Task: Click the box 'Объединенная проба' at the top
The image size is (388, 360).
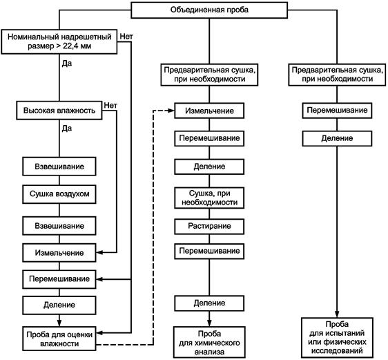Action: [x=209, y=10]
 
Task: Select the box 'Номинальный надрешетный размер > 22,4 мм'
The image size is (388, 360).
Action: [x=59, y=41]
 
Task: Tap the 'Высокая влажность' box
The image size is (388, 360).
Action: [x=59, y=111]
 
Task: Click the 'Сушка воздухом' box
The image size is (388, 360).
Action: [x=59, y=194]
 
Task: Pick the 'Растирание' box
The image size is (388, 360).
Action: [x=209, y=227]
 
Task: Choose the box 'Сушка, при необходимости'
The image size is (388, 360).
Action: [x=209, y=198]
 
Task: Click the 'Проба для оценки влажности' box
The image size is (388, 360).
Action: [x=59, y=339]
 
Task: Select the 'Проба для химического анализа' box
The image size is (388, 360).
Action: [x=209, y=343]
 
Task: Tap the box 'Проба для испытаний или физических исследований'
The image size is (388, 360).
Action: [x=337, y=338]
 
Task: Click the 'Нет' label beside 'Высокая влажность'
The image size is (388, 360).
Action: [x=110, y=105]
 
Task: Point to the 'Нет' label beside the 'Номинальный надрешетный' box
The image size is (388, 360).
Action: [x=126, y=37]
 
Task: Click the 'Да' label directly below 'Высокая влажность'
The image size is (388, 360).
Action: [x=67, y=129]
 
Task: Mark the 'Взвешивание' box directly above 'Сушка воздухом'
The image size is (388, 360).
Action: [x=59, y=167]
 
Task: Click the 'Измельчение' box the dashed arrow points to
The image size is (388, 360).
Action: [x=209, y=111]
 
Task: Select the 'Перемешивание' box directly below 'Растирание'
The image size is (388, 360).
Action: [x=209, y=252]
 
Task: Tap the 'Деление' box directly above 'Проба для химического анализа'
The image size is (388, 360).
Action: [x=209, y=303]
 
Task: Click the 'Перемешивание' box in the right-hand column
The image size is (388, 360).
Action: [x=337, y=111]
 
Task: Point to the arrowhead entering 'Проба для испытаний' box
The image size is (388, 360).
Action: [x=337, y=314]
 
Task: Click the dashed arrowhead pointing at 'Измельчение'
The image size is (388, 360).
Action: [x=171, y=111]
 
